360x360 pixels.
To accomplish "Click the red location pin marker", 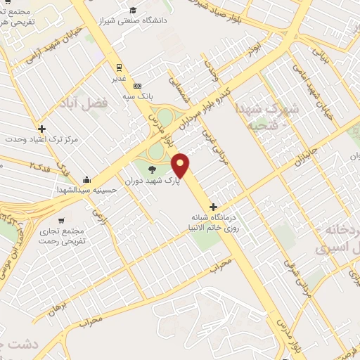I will [181, 165].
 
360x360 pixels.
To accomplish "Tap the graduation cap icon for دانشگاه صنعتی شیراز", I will [133, 10].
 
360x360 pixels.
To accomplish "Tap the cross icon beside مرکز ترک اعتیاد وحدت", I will [42, 129].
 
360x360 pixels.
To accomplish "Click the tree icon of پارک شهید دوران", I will [152, 169].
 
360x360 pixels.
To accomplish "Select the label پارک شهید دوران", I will [153, 181].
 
